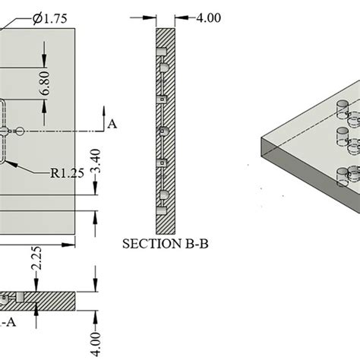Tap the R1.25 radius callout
pos(68,172)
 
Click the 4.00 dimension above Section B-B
pos(203,17)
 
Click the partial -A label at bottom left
pos(8,323)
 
